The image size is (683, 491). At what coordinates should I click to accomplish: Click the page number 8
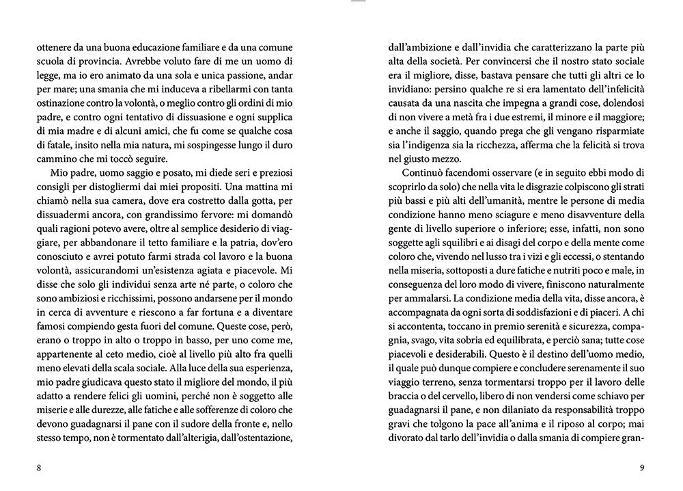pos(40,468)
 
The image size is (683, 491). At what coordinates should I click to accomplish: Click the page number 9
pos(642,468)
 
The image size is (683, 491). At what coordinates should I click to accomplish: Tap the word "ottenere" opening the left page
pos(53,48)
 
